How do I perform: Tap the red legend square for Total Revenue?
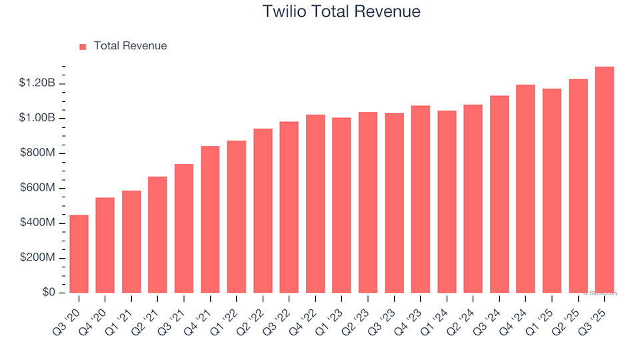tap(83, 47)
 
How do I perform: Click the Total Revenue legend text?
tap(130, 46)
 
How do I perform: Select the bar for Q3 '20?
tap(79, 254)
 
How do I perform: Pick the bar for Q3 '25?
tap(604, 180)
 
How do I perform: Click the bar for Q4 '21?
tap(210, 219)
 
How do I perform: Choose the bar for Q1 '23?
tap(341, 205)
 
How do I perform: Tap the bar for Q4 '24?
tap(525, 189)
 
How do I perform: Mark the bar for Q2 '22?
tap(263, 211)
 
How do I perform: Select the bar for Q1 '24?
tap(447, 201)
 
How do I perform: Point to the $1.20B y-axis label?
tap(37, 83)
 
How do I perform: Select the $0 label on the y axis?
tap(48, 293)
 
